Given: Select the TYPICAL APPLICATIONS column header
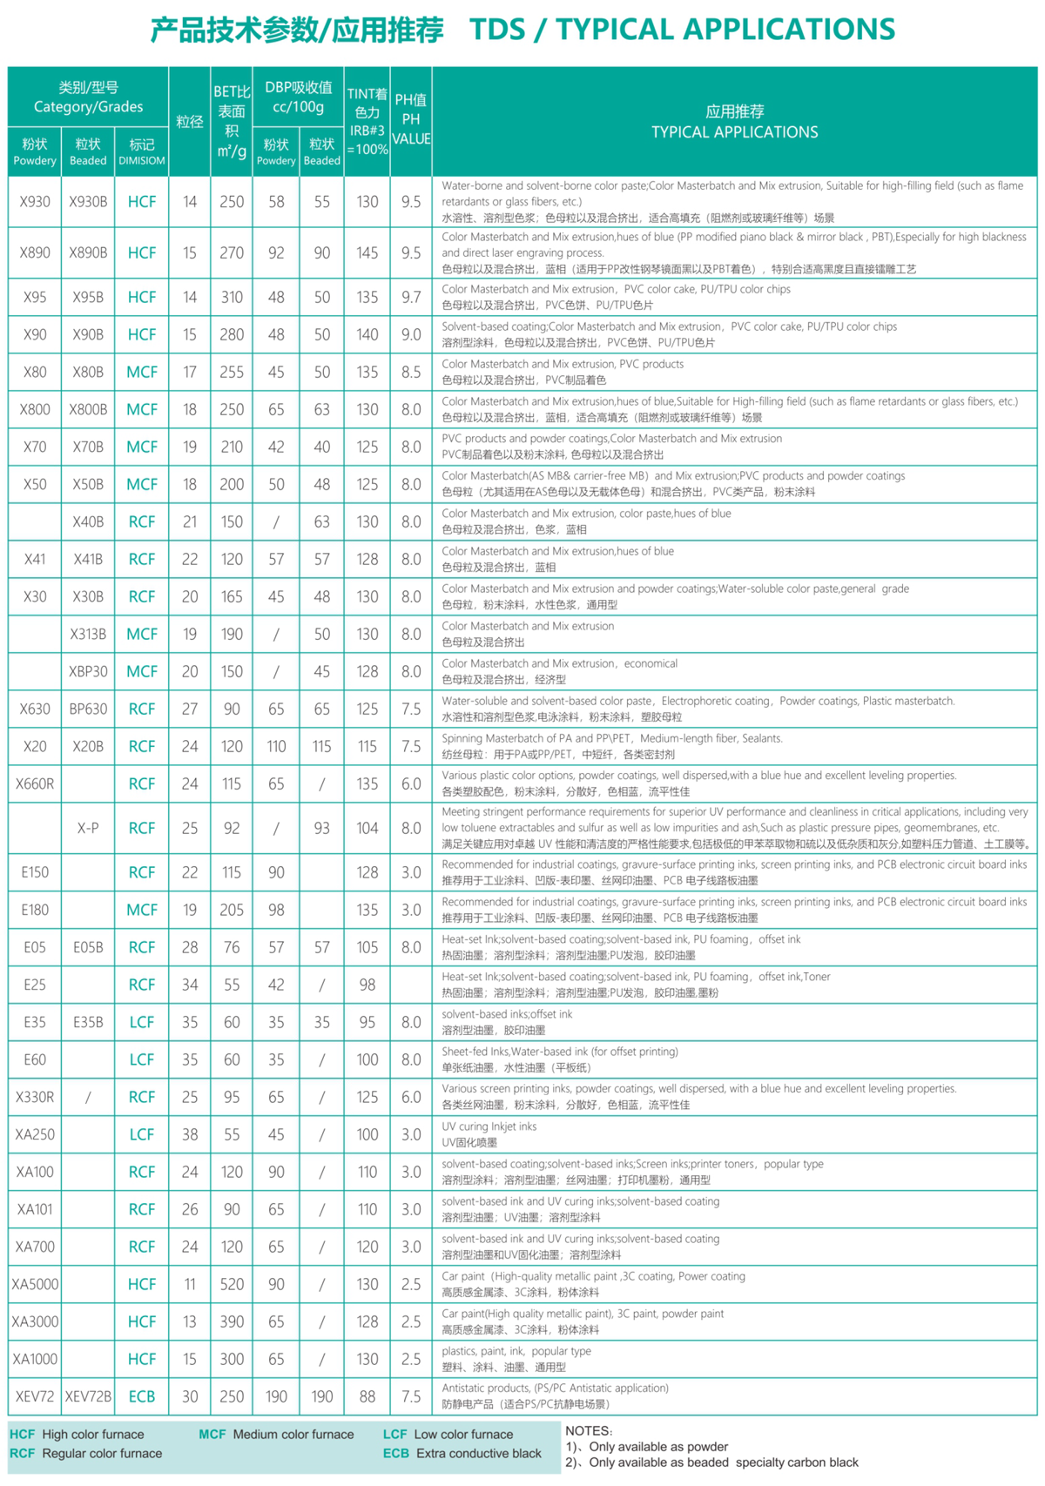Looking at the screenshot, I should click(x=734, y=122).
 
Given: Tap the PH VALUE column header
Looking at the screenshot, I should click(x=411, y=119).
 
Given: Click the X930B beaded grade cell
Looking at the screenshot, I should click(x=88, y=202).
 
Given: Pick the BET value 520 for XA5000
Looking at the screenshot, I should click(x=232, y=1284).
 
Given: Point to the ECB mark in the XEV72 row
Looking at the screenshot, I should click(x=142, y=1396).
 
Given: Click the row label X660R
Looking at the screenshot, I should click(x=35, y=783).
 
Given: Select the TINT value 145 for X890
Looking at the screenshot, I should click(x=367, y=252).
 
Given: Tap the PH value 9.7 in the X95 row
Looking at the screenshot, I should click(x=411, y=297).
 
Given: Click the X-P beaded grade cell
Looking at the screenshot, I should click(x=88, y=828).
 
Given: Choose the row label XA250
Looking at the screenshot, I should click(x=35, y=1134).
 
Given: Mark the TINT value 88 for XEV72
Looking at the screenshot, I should click(x=367, y=1396).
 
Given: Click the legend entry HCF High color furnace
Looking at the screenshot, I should click(x=77, y=1434).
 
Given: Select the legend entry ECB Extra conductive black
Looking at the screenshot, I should click(x=462, y=1453).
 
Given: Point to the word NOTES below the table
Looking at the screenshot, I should click(x=589, y=1430).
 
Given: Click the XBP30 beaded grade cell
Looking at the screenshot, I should click(x=88, y=671).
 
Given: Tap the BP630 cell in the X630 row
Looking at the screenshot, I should click(x=88, y=709).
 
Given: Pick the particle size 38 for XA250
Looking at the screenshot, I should click(x=190, y=1134).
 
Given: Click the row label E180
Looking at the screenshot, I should click(x=35, y=910).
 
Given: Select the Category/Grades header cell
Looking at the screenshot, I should click(x=88, y=97).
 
